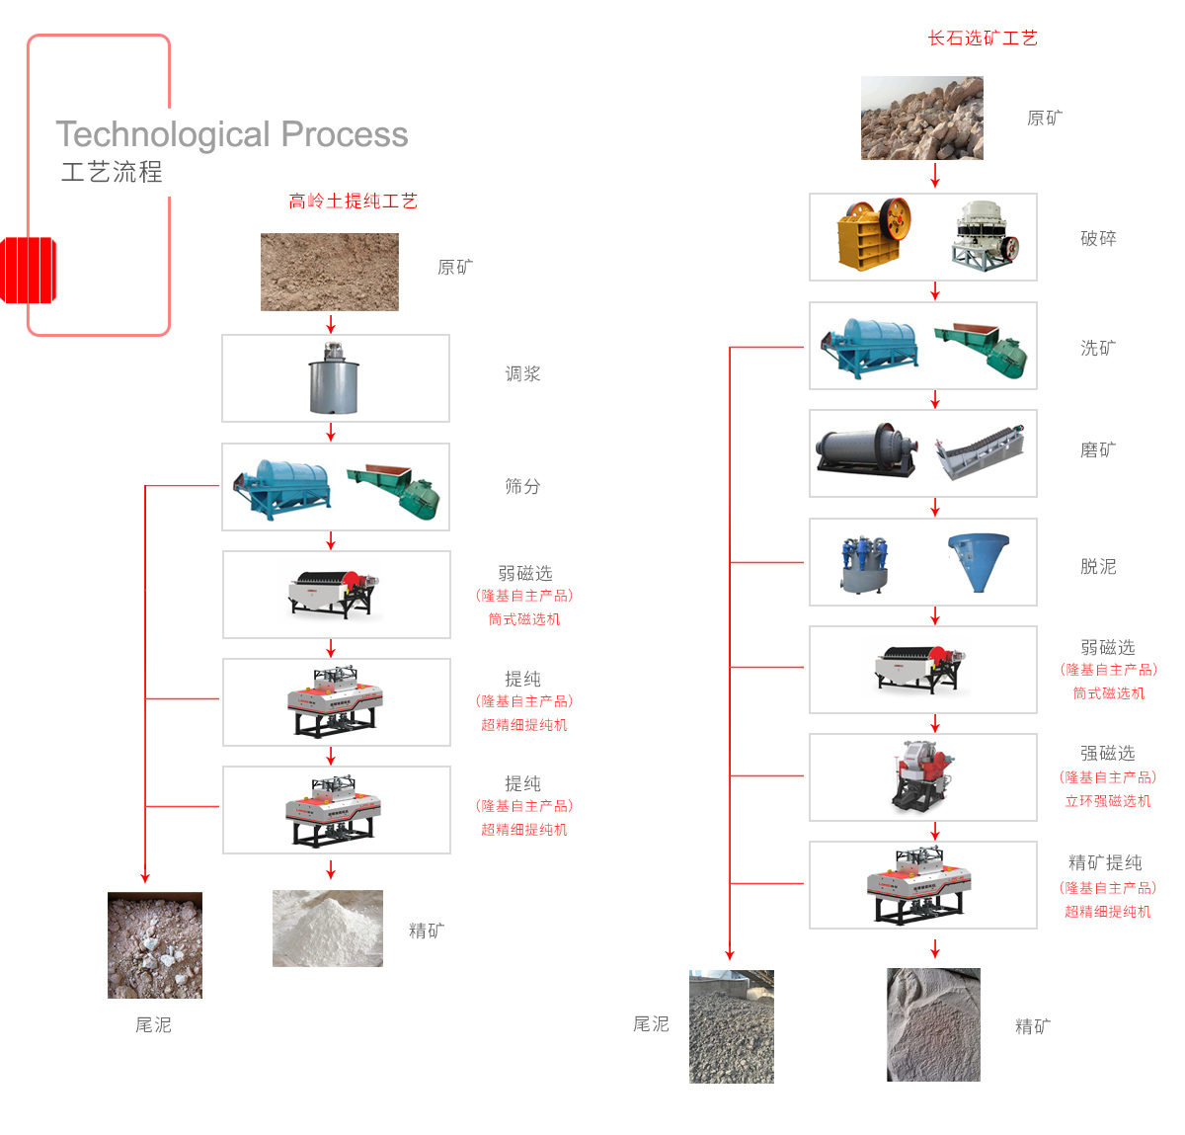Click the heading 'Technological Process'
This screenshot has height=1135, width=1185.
click(x=232, y=134)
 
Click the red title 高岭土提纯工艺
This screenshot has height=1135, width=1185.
click(x=353, y=202)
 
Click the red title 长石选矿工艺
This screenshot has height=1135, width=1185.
click(x=983, y=39)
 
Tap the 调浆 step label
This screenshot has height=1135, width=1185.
click(x=522, y=374)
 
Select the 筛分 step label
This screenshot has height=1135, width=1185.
click(x=522, y=486)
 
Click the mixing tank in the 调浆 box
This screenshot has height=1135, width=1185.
click(x=334, y=379)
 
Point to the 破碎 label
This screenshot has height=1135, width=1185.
click(x=1098, y=238)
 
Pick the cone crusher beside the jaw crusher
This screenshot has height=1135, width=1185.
click(x=986, y=235)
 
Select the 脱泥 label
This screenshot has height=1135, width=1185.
click(x=1098, y=566)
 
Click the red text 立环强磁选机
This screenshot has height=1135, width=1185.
click(x=1108, y=801)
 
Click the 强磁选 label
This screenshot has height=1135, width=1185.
click(x=1108, y=754)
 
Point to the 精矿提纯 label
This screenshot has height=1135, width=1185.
click(x=1106, y=862)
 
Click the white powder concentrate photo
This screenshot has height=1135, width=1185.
click(x=328, y=929)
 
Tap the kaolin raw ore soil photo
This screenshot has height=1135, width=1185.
click(x=330, y=272)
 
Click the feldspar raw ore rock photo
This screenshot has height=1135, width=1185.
click(x=922, y=119)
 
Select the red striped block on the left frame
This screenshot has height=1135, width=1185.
click(x=28, y=270)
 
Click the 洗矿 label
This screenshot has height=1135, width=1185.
click(x=1098, y=348)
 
